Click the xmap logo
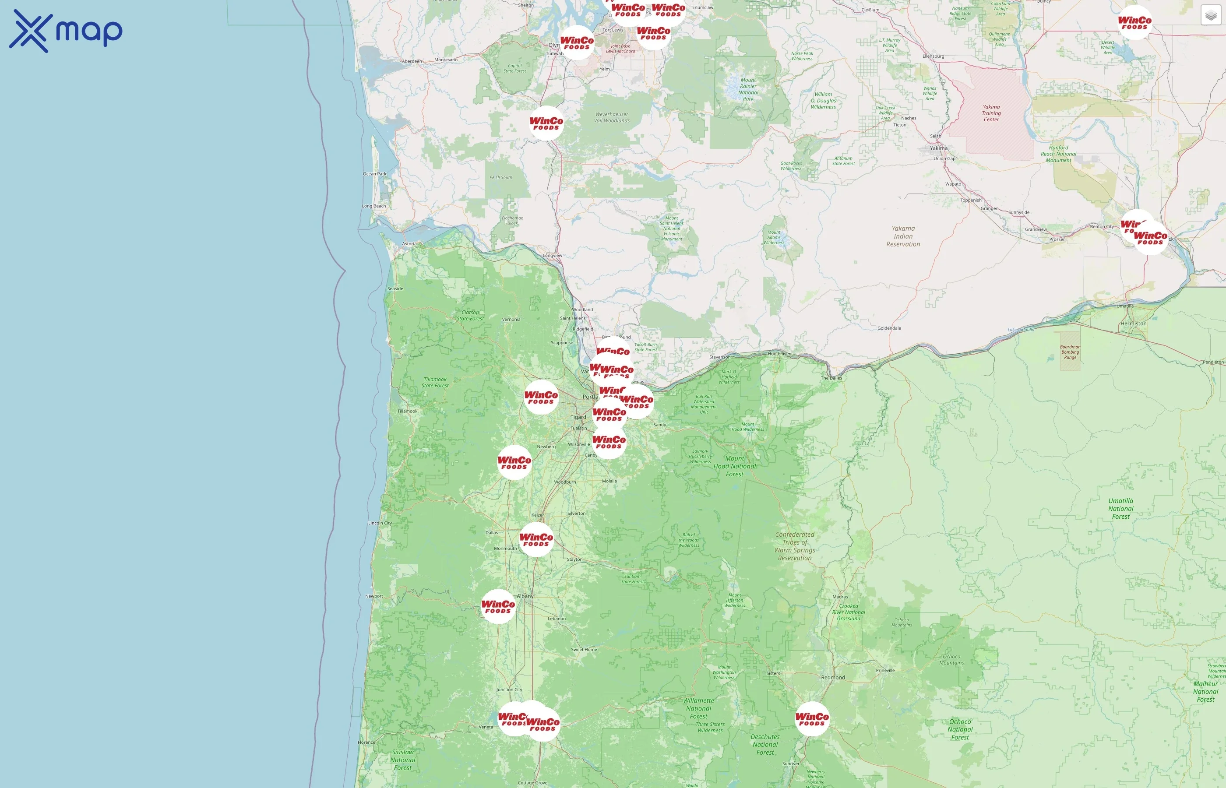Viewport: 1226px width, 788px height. (x=66, y=31)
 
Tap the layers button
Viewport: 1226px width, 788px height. (x=1210, y=15)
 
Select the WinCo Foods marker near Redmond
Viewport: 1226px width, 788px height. (x=811, y=719)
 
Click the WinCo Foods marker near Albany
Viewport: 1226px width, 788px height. (x=498, y=607)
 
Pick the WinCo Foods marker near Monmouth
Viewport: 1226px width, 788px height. (x=536, y=540)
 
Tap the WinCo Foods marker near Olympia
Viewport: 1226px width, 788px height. (x=577, y=42)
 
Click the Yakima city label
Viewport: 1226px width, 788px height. (x=938, y=148)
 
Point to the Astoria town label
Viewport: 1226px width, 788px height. (x=409, y=243)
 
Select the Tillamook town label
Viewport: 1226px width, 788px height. (x=407, y=412)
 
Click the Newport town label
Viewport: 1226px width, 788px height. (x=374, y=596)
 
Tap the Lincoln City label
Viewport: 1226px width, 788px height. (x=380, y=524)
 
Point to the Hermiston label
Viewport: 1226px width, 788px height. (x=1133, y=324)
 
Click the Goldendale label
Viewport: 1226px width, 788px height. (x=889, y=328)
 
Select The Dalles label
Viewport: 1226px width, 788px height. (x=831, y=378)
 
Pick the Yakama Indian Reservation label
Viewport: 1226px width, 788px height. (x=903, y=236)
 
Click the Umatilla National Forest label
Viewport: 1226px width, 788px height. (x=1120, y=509)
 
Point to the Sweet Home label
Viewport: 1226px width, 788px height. (x=584, y=650)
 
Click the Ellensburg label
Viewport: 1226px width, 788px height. (x=934, y=56)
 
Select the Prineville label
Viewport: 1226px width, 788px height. (x=885, y=670)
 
